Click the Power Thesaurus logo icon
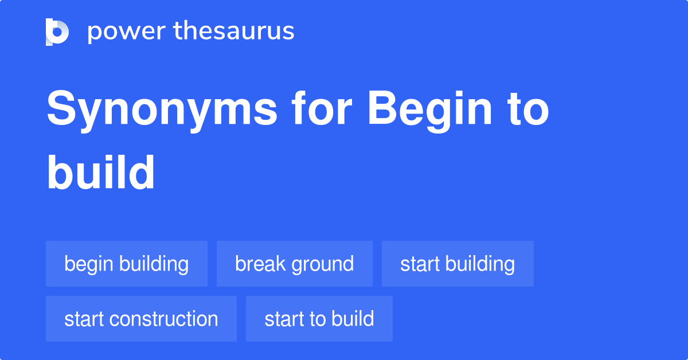point(57,32)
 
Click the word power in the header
point(125,31)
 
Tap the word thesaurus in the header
point(234,31)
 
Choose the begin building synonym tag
point(126,264)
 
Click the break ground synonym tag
point(294,264)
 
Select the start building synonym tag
point(457,264)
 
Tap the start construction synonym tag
point(141,319)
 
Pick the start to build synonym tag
point(319,319)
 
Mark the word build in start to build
point(353,319)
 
